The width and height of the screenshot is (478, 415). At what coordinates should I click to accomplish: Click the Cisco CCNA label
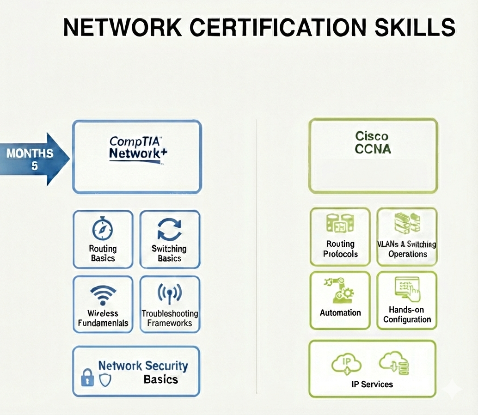[372, 142]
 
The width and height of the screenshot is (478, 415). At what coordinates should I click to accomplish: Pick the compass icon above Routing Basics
[102, 228]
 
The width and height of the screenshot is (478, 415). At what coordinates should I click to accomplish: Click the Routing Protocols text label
[340, 249]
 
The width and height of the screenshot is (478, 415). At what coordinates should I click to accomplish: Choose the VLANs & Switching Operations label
[407, 249]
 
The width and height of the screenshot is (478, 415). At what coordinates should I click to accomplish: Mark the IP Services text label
[372, 384]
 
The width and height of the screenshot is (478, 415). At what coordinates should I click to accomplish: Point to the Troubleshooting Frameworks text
[170, 318]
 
